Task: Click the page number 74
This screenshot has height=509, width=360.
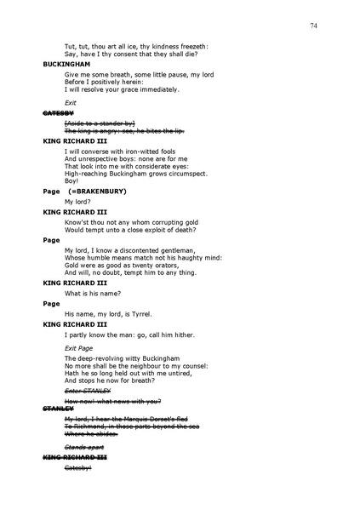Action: (x=314, y=27)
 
